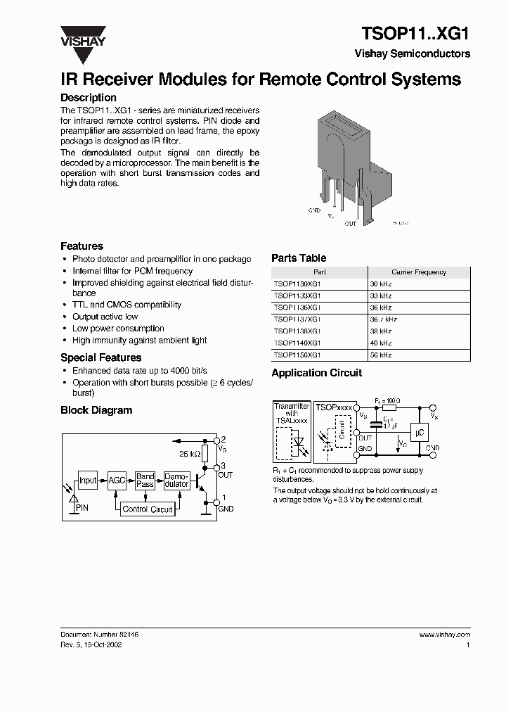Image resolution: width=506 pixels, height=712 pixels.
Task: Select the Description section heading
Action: [89, 98]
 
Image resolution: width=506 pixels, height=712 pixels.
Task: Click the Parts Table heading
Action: [299, 258]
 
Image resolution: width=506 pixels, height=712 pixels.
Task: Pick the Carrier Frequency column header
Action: [419, 272]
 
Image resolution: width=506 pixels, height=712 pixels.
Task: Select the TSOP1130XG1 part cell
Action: [298, 284]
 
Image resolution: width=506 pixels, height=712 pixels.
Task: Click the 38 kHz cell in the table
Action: [381, 331]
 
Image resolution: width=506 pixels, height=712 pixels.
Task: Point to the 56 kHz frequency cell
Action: [381, 355]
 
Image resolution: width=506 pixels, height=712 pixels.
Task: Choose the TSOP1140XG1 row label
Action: [298, 343]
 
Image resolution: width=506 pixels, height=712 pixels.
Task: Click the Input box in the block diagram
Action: [88, 481]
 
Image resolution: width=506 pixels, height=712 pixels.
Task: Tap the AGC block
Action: [117, 481]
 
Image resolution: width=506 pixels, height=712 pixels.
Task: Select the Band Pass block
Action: [145, 481]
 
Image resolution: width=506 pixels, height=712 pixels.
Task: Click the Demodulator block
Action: [176, 481]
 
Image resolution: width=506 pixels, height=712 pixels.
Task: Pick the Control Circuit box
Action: [148, 509]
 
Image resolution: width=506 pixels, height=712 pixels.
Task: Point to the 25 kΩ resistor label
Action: [188, 454]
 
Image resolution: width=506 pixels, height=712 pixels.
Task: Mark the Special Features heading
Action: [101, 357]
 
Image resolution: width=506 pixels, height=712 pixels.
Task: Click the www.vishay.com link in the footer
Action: [445, 634]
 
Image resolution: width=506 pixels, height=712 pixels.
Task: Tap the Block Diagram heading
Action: [96, 410]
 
